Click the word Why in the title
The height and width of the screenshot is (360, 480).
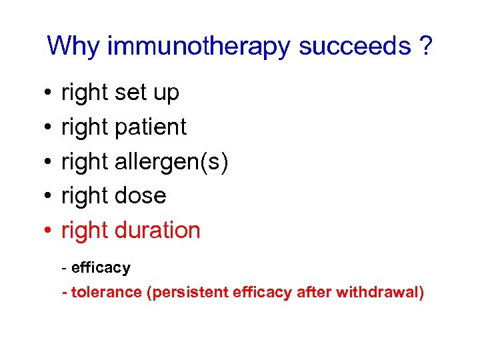73,47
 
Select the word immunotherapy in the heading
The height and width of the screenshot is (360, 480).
199,47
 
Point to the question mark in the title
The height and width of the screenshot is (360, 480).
425,47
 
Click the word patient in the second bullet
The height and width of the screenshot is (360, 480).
151,127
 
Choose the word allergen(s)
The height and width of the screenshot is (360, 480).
171,161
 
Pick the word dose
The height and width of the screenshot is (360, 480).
140,196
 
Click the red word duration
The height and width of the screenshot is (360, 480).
157,230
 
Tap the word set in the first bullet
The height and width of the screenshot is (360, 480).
130,93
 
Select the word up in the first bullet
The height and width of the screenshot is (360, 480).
166,94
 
